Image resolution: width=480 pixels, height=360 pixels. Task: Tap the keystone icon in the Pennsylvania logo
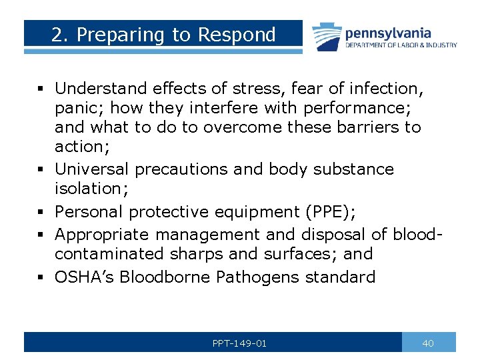tap(326, 36)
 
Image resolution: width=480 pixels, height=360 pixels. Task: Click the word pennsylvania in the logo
tap(387, 33)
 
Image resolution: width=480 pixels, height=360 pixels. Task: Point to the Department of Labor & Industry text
tap(401, 45)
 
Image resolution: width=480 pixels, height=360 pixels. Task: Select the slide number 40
tap(428, 343)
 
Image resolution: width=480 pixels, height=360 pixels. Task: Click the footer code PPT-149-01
tap(239, 343)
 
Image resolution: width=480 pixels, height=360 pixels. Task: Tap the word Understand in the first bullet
tap(101, 88)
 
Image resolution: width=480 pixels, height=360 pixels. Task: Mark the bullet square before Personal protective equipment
tap(41, 213)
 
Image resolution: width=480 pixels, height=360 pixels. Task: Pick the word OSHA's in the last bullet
tap(86, 277)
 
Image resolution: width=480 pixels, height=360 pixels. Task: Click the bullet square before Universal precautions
tap(41, 170)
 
